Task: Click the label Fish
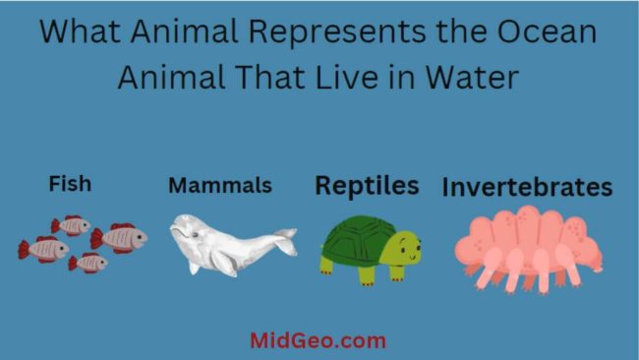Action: tap(70, 184)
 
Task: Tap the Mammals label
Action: tap(219, 185)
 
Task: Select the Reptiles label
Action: tap(367, 185)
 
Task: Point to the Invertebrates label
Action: tap(527, 187)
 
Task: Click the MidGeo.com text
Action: tap(318, 341)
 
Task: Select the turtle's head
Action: tap(404, 251)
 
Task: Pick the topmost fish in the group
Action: tap(72, 225)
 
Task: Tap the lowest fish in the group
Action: tap(88, 262)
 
